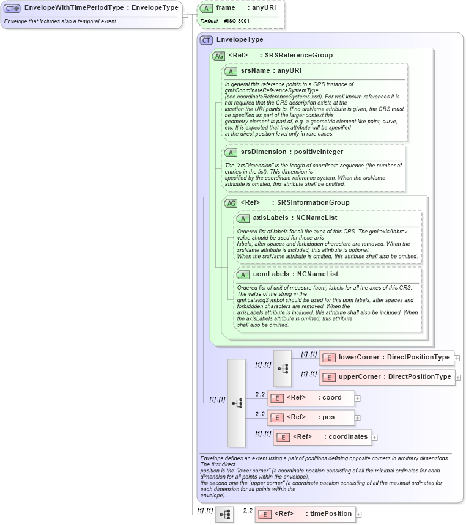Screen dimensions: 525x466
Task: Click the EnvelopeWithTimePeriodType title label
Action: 101,8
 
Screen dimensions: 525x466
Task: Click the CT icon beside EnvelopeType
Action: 207,40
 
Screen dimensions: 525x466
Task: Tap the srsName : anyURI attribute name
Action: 267,71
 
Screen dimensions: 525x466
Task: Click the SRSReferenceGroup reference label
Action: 298,56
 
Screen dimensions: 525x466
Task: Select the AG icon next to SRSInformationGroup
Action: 231,203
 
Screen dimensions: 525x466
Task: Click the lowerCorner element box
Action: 386,358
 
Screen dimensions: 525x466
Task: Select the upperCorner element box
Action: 387,377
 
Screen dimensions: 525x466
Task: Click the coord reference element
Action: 311,398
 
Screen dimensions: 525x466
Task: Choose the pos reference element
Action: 311,417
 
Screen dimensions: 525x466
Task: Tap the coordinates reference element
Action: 323,437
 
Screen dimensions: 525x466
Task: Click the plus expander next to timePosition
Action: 359,515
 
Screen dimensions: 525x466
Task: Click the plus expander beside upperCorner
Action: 458,378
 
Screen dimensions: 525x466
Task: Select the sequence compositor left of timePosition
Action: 224,515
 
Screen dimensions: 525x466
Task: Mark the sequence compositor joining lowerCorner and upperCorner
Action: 283,368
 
